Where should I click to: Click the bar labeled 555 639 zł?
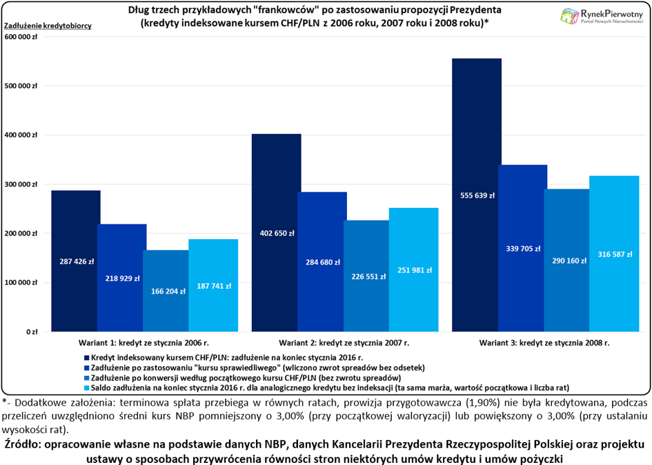click(477, 195)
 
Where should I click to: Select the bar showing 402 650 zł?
click(277, 233)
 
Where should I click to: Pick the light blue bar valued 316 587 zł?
click(614, 254)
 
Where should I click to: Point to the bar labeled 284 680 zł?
click(322, 262)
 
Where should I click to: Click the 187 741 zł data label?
click(214, 286)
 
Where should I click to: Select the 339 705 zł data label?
click(523, 249)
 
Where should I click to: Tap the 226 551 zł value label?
click(368, 276)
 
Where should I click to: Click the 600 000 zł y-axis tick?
click(21, 37)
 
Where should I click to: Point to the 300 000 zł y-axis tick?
click(21, 184)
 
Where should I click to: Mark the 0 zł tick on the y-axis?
click(32, 332)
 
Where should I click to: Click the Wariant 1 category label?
click(144, 343)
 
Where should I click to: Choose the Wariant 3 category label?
click(544, 343)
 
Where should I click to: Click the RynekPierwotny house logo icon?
click(569, 16)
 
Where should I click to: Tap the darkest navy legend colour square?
click(87, 358)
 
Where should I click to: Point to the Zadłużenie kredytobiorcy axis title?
click(48, 26)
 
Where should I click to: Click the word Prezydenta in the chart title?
click(476, 10)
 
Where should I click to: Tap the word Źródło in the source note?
click(22, 444)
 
